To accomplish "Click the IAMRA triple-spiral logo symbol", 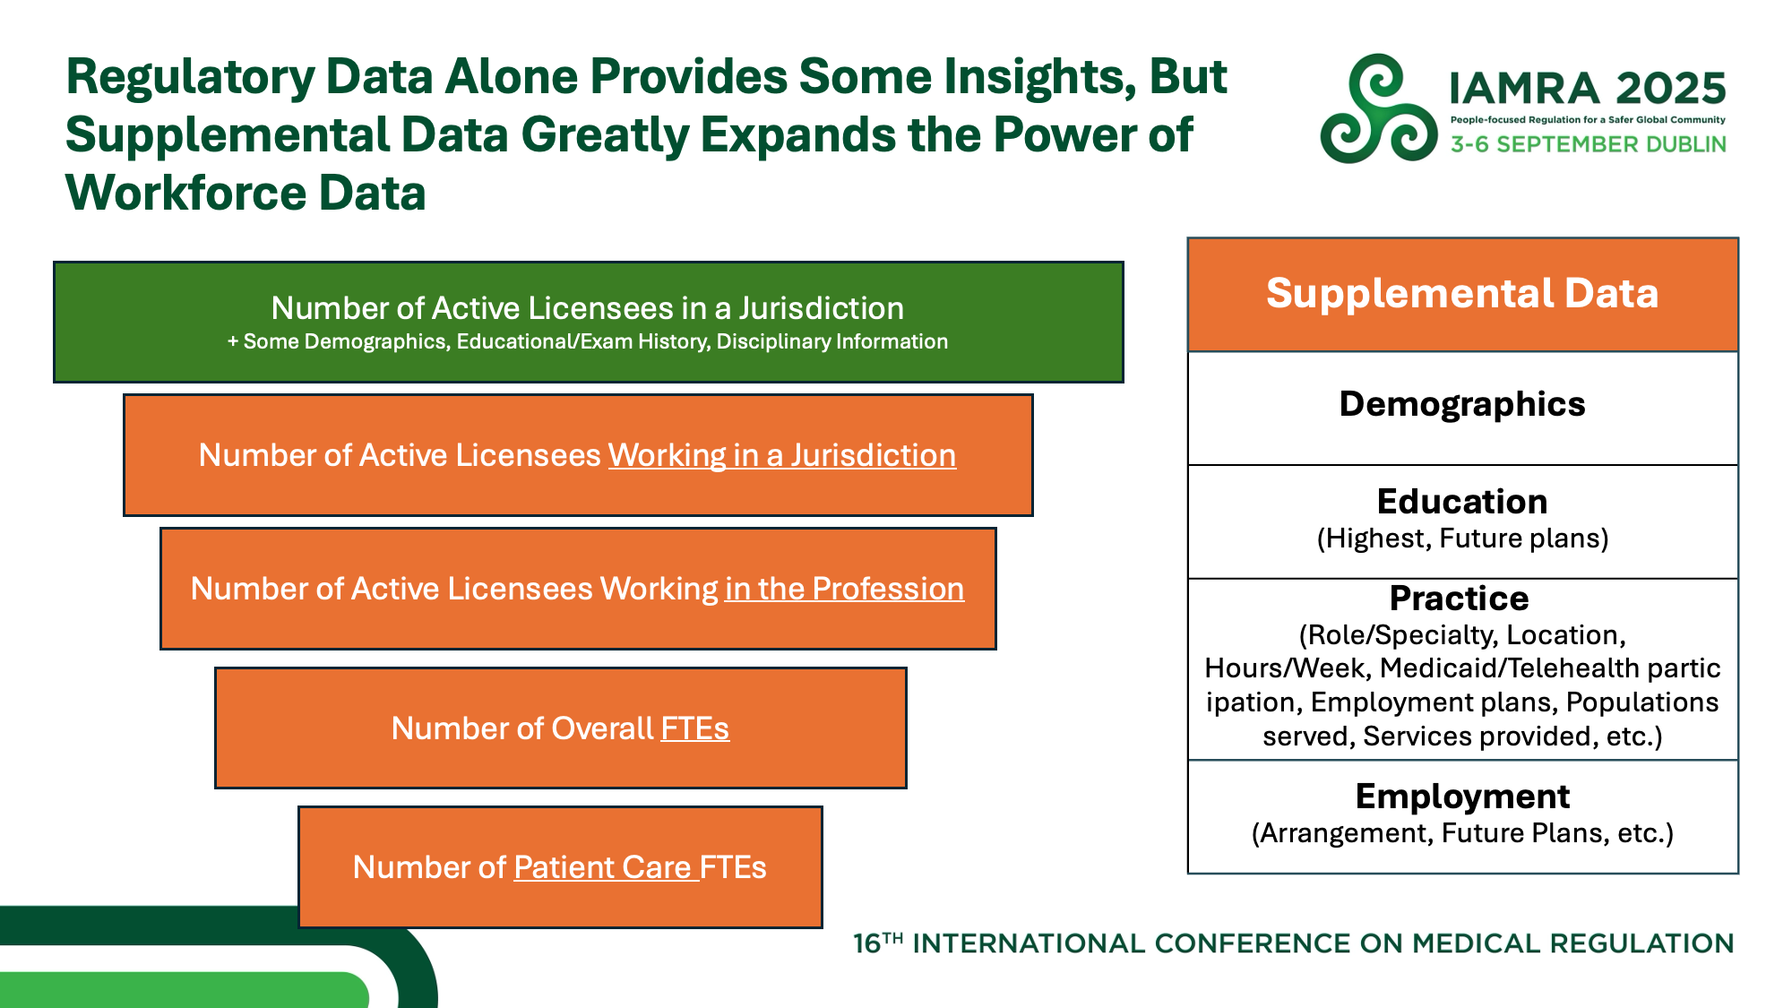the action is click(1379, 108).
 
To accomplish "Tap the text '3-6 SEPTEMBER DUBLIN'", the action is click(1589, 144).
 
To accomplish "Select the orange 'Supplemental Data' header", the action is click(1462, 294).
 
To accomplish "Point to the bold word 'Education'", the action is click(1462, 502).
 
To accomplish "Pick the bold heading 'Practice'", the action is click(1460, 598).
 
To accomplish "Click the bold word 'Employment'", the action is click(1462, 797).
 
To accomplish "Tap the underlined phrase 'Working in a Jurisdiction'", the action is click(782, 455).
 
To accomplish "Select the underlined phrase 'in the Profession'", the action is click(845, 589).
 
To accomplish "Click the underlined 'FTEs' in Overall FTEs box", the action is click(695, 728).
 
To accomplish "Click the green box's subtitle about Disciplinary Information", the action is click(588, 341).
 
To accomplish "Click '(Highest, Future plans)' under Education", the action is click(1462, 538).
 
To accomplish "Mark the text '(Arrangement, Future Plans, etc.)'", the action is click(1462, 833).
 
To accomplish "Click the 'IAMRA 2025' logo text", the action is click(1588, 88).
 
